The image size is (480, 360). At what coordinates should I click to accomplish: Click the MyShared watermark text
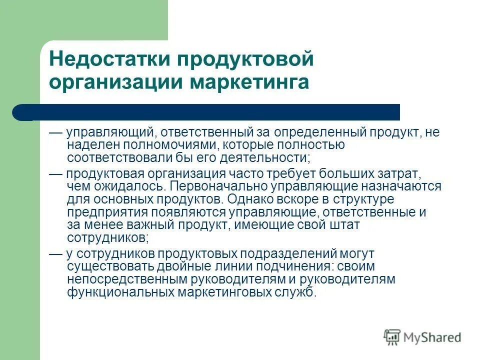pos(431,337)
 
